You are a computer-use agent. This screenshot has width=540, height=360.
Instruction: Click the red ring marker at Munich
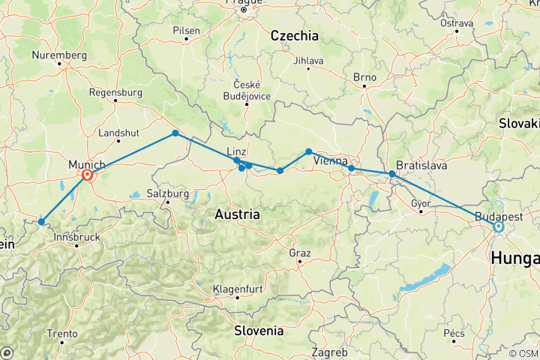(x=88, y=175)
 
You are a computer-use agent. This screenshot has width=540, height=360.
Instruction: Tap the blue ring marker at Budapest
(x=498, y=226)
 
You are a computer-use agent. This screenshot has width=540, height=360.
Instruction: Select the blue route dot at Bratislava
(x=391, y=174)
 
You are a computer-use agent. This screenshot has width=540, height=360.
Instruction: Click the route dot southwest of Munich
(x=40, y=221)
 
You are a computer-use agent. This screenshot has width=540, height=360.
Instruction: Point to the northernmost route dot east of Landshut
(x=175, y=133)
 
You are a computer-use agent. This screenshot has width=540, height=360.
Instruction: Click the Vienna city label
(x=330, y=161)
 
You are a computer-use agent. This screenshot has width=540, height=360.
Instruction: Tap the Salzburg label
(x=167, y=193)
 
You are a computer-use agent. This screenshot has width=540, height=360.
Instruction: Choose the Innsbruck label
(x=76, y=237)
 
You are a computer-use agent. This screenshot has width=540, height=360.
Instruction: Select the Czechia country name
(x=294, y=35)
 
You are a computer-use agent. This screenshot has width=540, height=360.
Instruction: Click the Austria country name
(x=237, y=214)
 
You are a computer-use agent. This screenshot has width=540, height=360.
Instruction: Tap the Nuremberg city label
(x=60, y=55)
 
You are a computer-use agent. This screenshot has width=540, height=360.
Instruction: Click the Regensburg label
(x=115, y=92)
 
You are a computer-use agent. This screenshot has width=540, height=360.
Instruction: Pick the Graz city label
(x=300, y=253)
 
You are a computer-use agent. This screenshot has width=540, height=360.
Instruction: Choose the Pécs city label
(x=454, y=333)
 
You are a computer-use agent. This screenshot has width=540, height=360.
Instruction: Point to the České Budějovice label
(x=247, y=89)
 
